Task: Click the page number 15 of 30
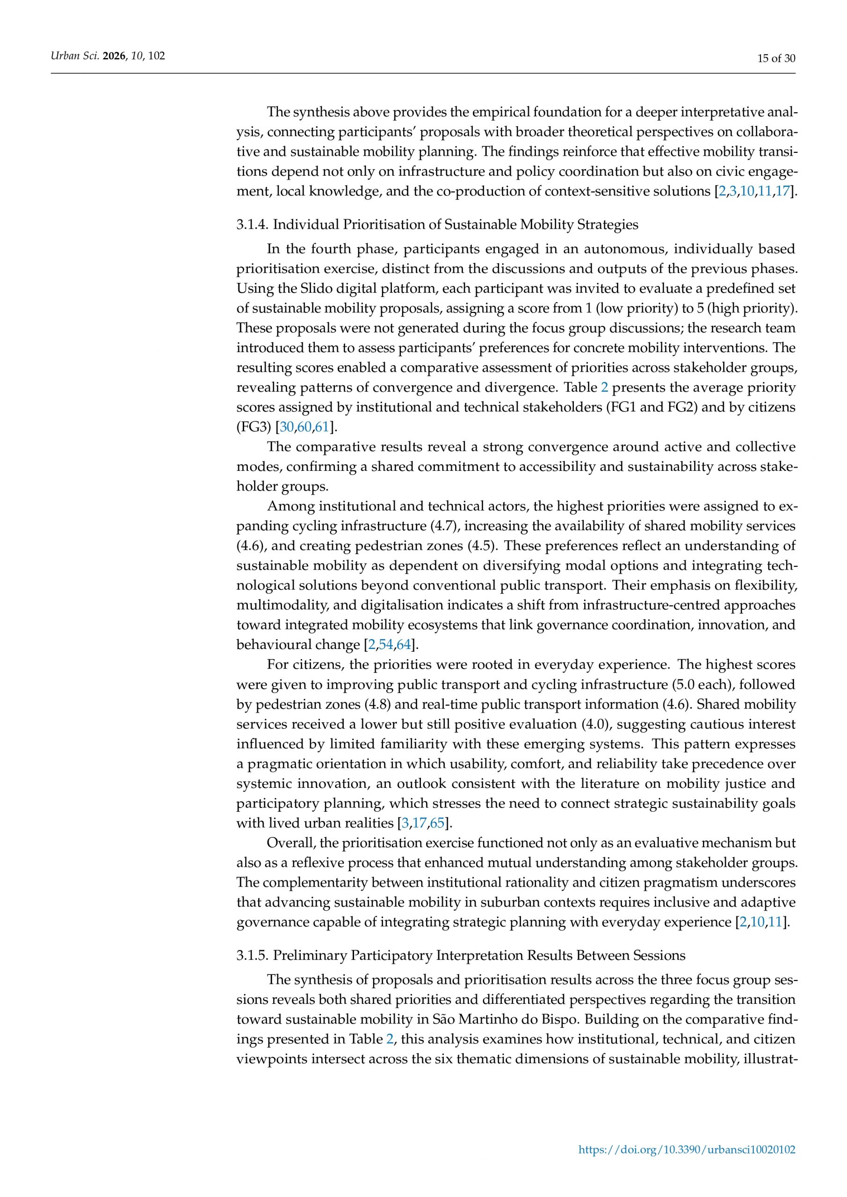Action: [x=776, y=58]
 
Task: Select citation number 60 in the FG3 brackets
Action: [x=304, y=427]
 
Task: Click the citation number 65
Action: [x=436, y=823]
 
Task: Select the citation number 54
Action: [x=385, y=645]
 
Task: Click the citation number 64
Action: [x=404, y=645]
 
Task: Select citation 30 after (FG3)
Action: [x=286, y=427]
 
